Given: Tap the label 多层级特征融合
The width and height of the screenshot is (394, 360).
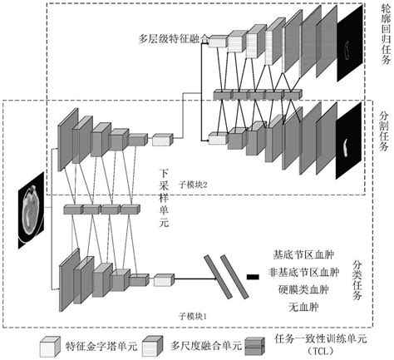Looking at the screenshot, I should pyautogui.click(x=170, y=38).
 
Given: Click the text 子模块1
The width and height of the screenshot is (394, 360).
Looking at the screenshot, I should pyautogui.click(x=193, y=317).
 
